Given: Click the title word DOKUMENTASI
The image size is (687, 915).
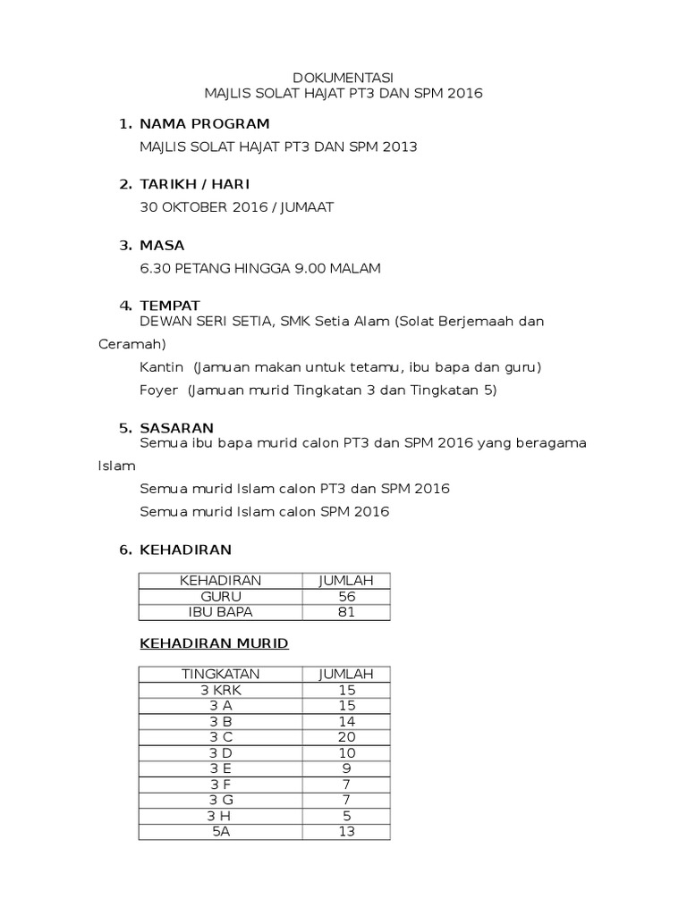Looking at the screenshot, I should (x=343, y=78).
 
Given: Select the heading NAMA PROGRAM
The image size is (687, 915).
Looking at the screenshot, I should (x=205, y=123).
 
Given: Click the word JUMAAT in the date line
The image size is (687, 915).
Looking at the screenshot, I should (x=307, y=207).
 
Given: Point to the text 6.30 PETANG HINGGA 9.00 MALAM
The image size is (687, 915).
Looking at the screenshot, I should (x=260, y=268).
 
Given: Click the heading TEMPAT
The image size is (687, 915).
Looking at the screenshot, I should (x=170, y=306).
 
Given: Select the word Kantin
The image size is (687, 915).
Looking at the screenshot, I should (x=162, y=367).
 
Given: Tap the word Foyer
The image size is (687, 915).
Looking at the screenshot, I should (x=159, y=390).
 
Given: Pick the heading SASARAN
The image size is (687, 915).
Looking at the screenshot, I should (x=177, y=428).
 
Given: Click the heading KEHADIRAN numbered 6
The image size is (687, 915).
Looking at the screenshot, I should (x=186, y=550).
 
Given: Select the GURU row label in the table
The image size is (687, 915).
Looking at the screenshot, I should (x=221, y=596).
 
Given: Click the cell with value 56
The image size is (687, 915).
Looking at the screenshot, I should (x=347, y=596).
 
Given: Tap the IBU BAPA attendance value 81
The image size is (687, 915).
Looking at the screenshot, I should (x=347, y=612).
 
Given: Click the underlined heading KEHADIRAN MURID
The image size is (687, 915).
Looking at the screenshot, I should (x=214, y=643).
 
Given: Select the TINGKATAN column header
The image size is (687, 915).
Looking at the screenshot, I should (x=221, y=674).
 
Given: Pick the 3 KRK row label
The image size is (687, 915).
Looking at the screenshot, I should (x=221, y=690).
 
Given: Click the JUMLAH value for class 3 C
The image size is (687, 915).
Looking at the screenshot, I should (x=347, y=737).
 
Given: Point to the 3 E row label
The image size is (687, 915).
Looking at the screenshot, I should (x=221, y=768).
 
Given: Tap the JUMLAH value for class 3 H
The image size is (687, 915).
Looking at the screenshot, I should (x=347, y=816).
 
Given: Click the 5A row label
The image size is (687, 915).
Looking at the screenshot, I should (x=221, y=832).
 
